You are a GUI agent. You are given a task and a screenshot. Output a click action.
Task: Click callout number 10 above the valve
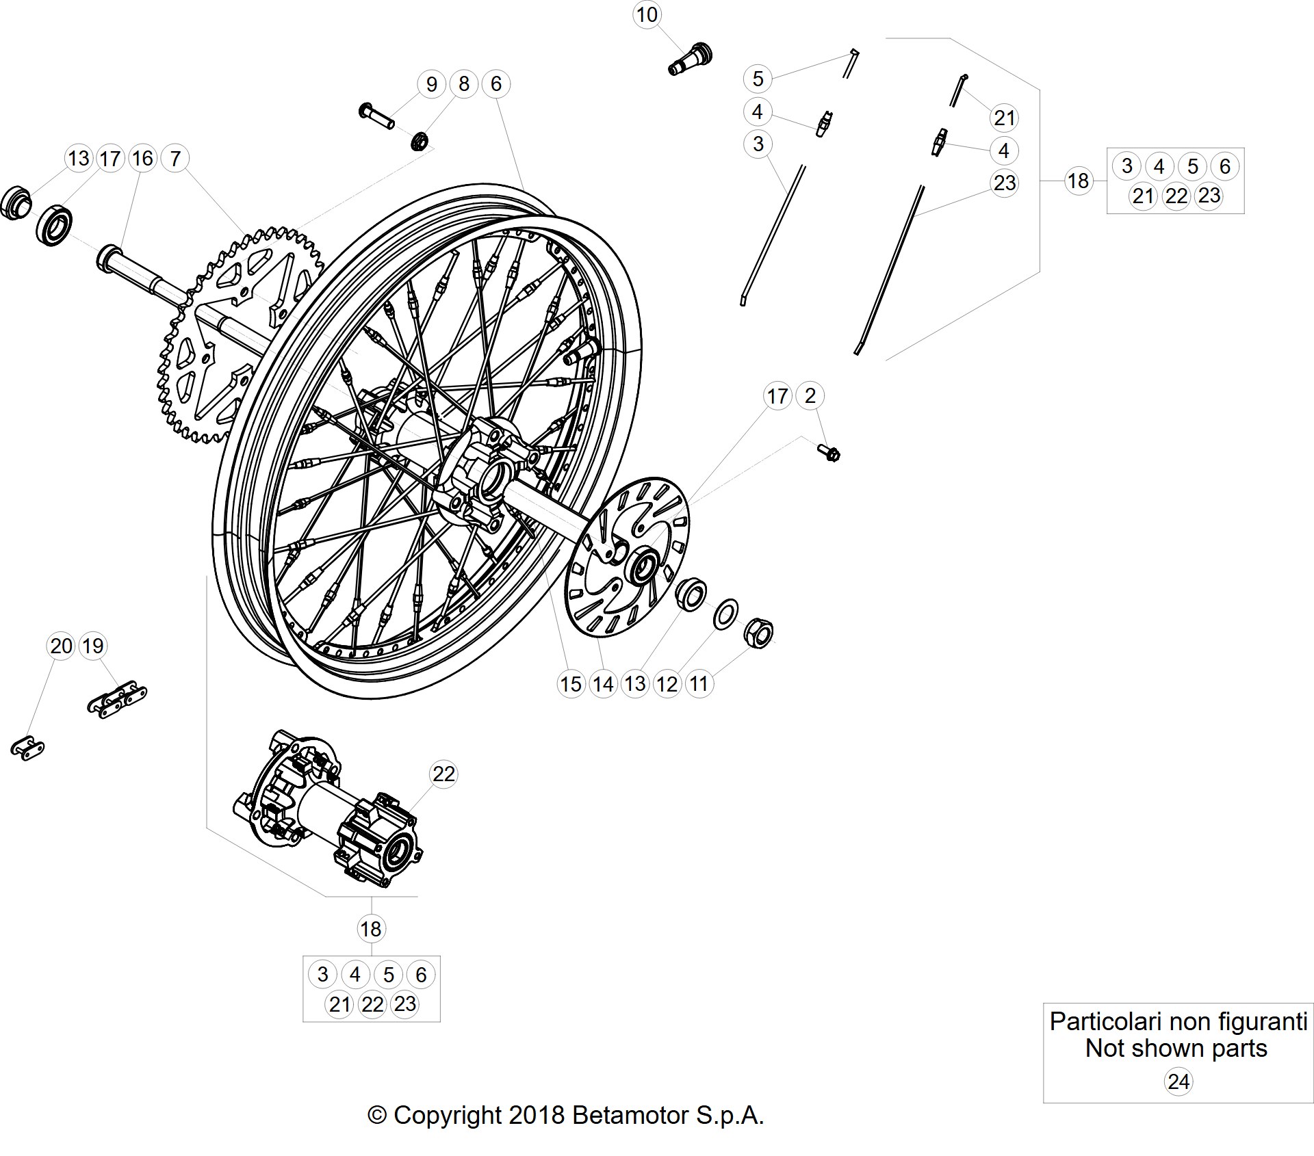(x=647, y=14)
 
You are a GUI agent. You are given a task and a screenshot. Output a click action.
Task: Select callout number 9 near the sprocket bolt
(x=431, y=84)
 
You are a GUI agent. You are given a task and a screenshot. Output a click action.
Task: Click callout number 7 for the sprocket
(x=175, y=159)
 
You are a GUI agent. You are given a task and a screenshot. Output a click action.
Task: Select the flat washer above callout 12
(x=726, y=614)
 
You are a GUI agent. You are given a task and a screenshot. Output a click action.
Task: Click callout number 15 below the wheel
(x=571, y=683)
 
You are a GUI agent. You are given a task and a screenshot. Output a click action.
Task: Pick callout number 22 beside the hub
(x=443, y=774)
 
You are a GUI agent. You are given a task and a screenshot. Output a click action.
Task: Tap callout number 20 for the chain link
(x=61, y=646)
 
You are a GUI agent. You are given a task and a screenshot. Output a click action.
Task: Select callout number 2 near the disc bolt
(x=810, y=395)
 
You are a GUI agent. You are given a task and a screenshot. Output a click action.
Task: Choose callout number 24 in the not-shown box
(x=1178, y=1081)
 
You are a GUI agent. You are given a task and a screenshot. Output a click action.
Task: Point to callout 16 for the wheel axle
(x=142, y=159)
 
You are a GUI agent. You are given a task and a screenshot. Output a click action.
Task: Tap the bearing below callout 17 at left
(x=54, y=224)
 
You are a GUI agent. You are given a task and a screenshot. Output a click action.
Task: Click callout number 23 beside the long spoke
(x=1005, y=183)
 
